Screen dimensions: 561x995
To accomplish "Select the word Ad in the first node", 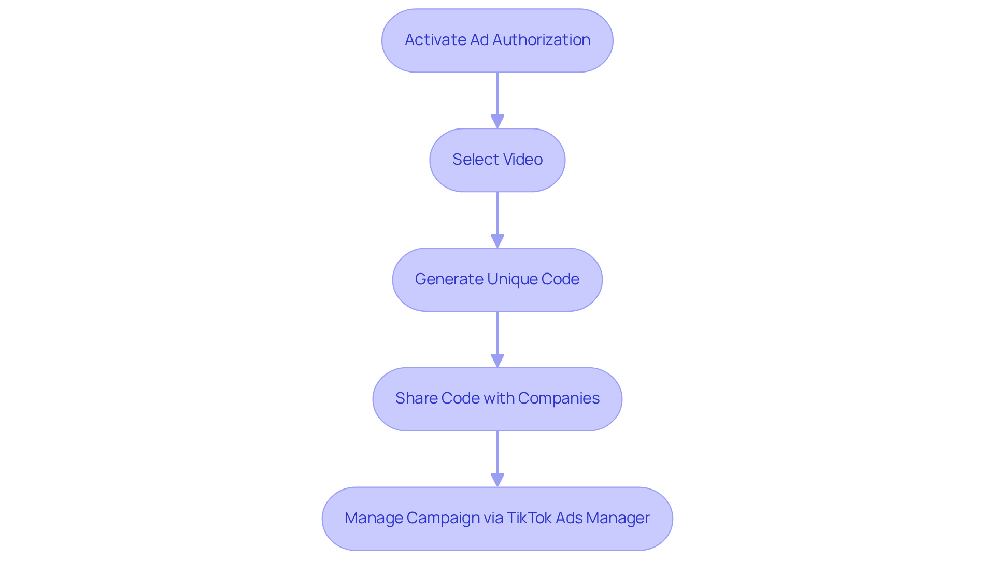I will pos(479,40).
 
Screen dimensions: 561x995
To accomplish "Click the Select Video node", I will pos(497,160).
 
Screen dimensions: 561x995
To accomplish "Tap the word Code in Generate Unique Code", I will pos(560,279).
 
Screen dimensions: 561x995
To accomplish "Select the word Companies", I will pos(559,398).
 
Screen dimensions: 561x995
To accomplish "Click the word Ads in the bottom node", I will pos(569,518).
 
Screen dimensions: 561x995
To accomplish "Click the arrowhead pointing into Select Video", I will pos(497,121).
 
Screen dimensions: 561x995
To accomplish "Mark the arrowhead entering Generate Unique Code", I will pos(497,241).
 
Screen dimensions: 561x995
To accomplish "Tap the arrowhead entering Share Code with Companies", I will pos(497,361).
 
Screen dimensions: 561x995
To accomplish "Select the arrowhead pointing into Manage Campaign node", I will pos(497,480).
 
